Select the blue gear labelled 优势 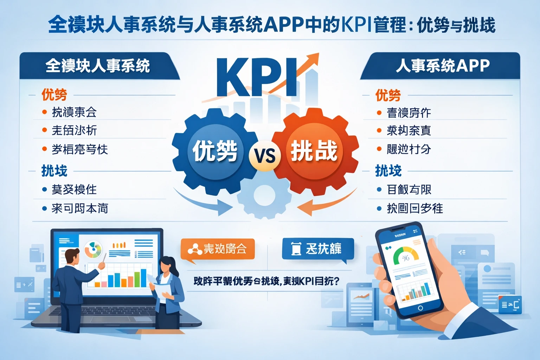[214, 151]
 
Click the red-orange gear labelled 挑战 [314, 151]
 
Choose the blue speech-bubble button [318, 249]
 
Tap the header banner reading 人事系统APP [442, 66]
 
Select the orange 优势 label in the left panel [54, 95]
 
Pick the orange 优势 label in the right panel [388, 95]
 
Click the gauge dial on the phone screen [406, 256]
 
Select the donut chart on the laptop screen [93, 249]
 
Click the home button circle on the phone [420, 308]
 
